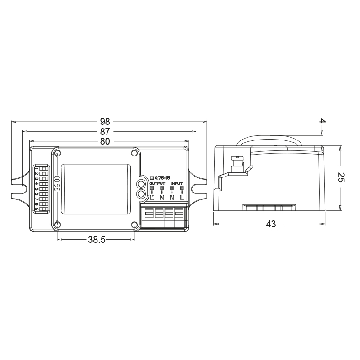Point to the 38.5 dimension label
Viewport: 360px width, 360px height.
(x=97, y=239)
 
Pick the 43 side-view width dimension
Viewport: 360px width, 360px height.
(x=270, y=225)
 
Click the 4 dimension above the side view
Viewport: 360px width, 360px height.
(x=322, y=122)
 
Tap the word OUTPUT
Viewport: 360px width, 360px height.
(x=157, y=183)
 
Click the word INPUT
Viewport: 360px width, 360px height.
(x=177, y=183)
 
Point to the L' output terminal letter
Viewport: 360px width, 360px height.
(x=152, y=198)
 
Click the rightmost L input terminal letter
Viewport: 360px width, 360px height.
(x=182, y=198)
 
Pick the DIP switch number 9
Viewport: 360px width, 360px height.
(x=37, y=209)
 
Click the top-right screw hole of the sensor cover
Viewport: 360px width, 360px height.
(x=134, y=153)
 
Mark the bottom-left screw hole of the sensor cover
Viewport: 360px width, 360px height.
(x=58, y=224)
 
